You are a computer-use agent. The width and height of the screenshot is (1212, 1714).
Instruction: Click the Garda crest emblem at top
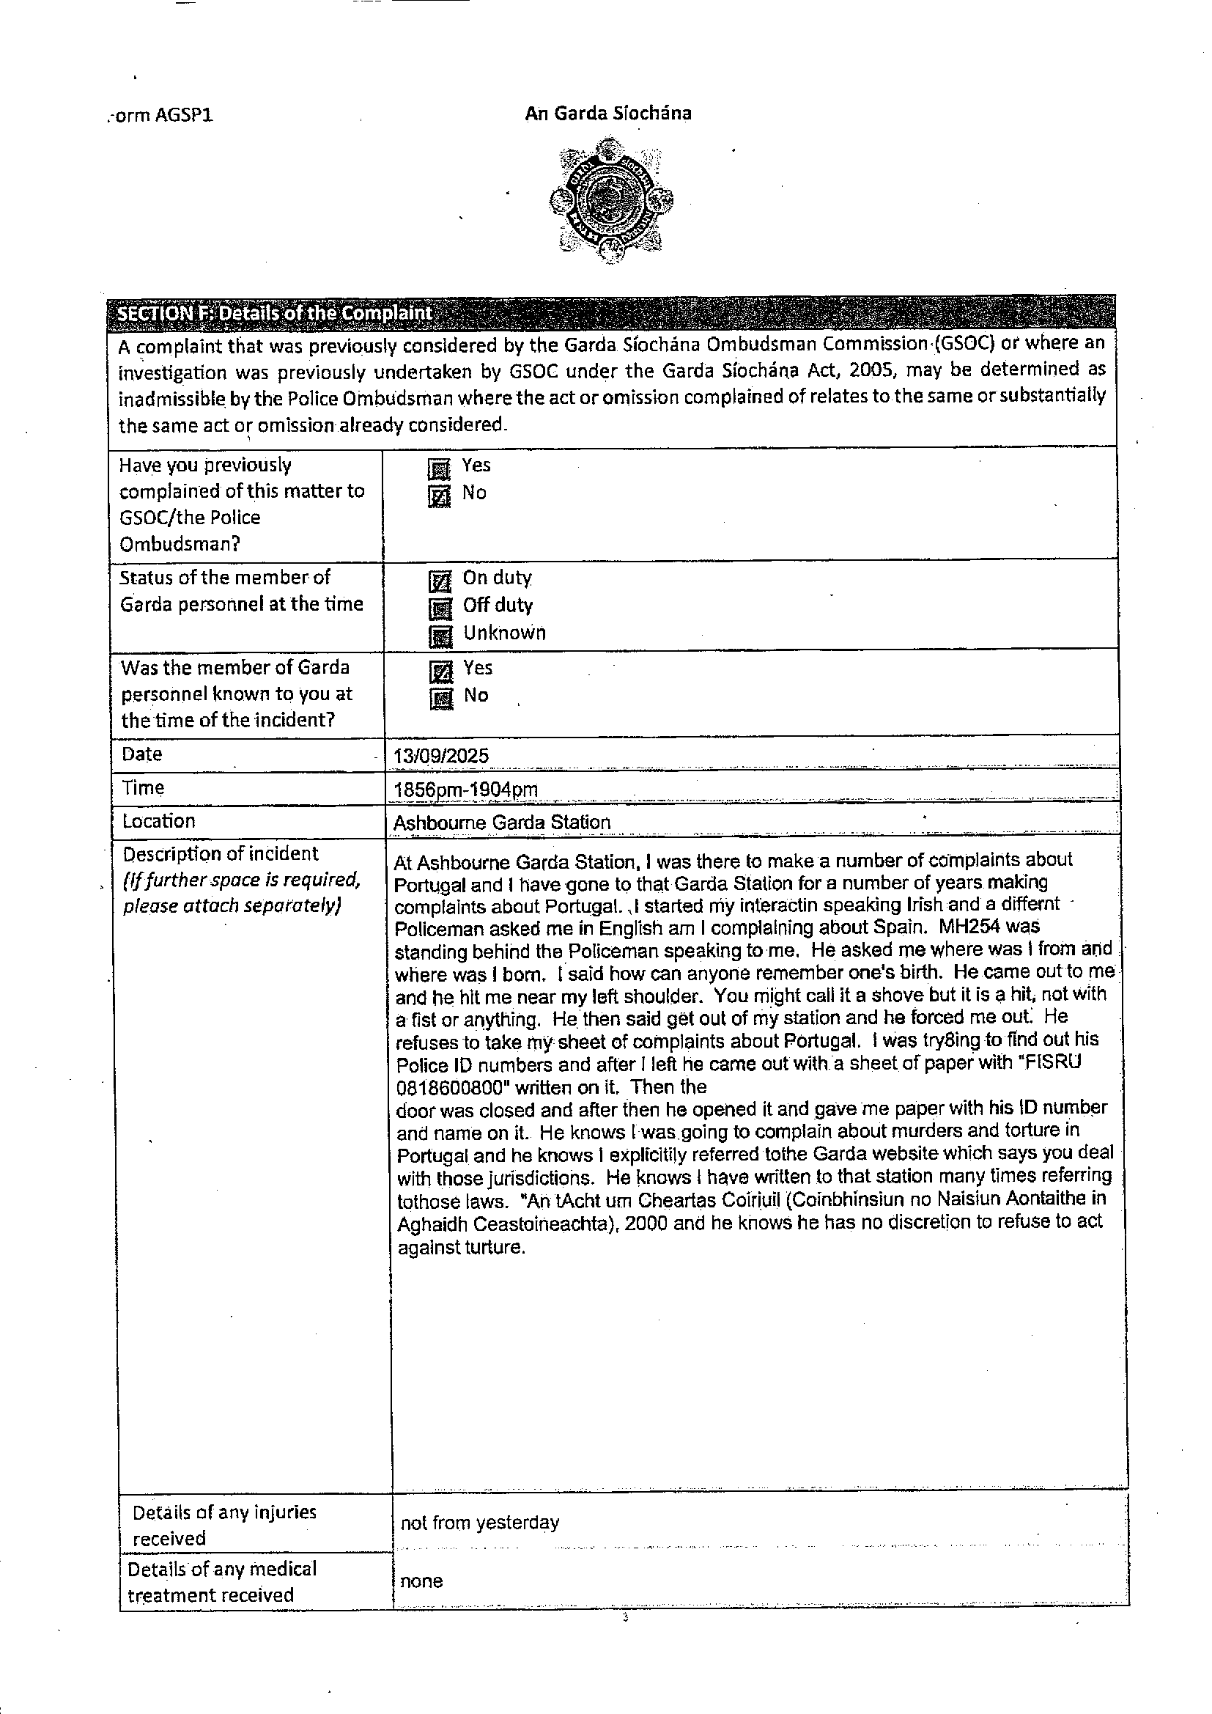click(610, 200)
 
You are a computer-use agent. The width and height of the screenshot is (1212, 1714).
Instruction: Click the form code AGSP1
click(161, 116)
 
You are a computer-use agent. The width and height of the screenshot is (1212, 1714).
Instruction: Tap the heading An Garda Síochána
click(608, 114)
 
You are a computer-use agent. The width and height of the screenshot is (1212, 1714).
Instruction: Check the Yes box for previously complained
click(440, 468)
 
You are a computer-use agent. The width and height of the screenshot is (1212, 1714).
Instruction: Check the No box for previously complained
click(440, 496)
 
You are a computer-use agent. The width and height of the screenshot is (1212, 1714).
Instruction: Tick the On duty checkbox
click(440, 581)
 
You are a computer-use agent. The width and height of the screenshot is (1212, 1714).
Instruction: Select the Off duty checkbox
click(440, 608)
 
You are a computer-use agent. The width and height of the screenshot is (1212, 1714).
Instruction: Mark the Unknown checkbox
click(440, 636)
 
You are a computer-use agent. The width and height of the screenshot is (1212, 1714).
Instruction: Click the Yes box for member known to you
click(441, 671)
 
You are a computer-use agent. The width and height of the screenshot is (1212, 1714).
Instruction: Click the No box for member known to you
click(441, 699)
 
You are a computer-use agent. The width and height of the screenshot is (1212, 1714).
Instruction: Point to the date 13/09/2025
click(441, 756)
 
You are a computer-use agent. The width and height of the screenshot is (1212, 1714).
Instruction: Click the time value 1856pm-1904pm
click(466, 789)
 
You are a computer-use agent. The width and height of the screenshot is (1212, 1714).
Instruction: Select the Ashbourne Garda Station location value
click(501, 822)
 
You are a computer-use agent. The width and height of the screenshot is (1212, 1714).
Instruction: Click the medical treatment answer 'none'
click(421, 1581)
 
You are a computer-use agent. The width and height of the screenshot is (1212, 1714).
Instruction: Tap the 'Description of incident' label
click(220, 853)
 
